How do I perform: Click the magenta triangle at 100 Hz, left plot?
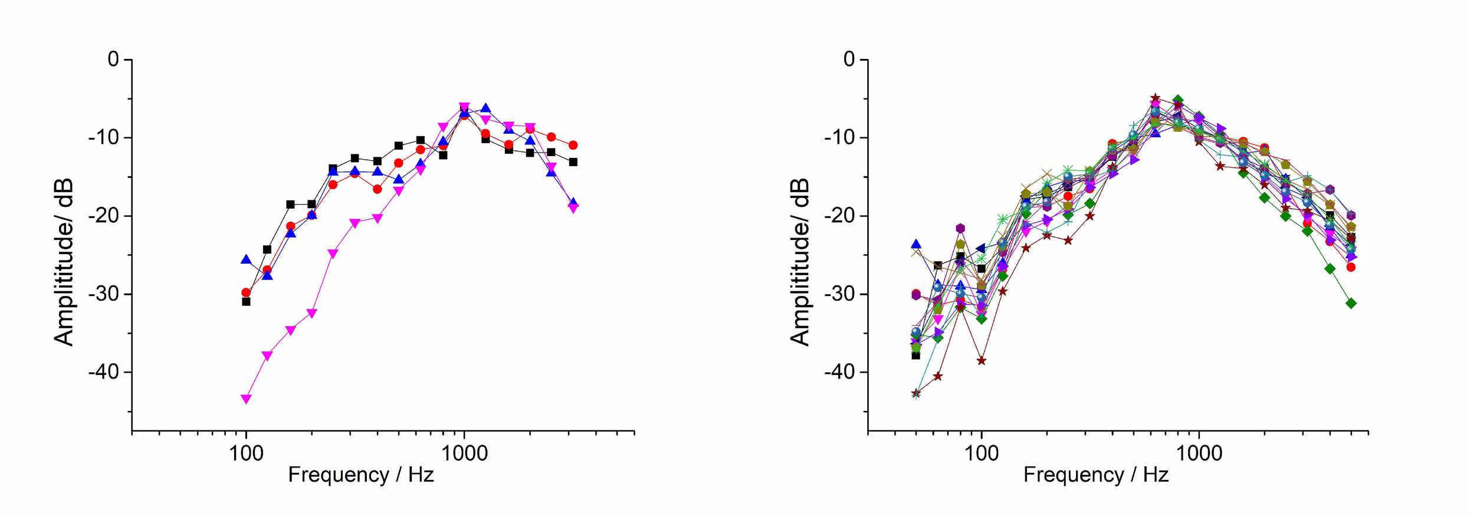(x=246, y=399)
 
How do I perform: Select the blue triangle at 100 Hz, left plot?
(x=246, y=259)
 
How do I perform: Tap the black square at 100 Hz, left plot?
(x=246, y=302)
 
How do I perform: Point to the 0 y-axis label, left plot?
(x=113, y=59)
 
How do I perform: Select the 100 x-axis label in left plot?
(x=246, y=453)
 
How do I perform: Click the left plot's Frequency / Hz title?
(x=360, y=475)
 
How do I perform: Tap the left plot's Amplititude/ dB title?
(x=64, y=262)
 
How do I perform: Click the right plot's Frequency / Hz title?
(x=1095, y=475)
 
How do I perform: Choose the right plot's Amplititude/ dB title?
(x=799, y=262)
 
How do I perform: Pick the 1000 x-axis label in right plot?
(x=1199, y=453)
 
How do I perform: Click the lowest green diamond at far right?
(x=1351, y=303)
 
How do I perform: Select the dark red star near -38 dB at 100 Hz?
(x=982, y=360)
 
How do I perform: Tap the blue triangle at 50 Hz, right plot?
(x=916, y=244)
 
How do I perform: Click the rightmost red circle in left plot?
(x=573, y=145)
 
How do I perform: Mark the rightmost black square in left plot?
(x=573, y=162)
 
